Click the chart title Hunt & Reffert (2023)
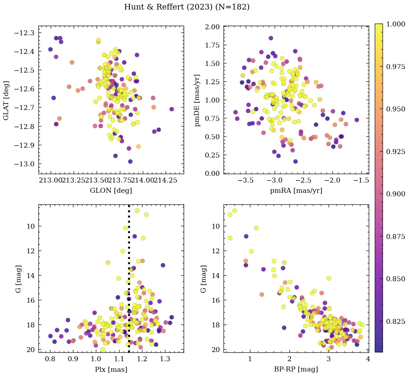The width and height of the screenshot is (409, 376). pyautogui.click(x=187, y=7)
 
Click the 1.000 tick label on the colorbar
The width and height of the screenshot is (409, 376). pyautogui.click(x=396, y=24)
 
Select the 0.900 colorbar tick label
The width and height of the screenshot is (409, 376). pyautogui.click(x=396, y=194)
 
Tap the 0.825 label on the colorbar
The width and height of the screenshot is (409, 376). pyautogui.click(x=396, y=321)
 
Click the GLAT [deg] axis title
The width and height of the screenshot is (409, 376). pyautogui.click(x=6, y=100)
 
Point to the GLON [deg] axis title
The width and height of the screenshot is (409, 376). pyautogui.click(x=111, y=191)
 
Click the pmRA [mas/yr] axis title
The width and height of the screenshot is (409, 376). pyautogui.click(x=296, y=191)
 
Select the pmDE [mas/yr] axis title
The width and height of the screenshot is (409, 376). pyautogui.click(x=197, y=100)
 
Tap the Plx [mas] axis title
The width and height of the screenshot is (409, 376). pyautogui.click(x=111, y=370)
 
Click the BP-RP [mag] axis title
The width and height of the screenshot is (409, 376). pyautogui.click(x=296, y=370)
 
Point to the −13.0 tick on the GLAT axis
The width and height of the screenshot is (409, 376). pyautogui.click(x=26, y=164)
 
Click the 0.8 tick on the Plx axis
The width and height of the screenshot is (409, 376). pyautogui.click(x=50, y=359)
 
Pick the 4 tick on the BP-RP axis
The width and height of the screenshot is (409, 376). pyautogui.click(x=368, y=359)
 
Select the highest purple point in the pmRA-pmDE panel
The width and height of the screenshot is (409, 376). pyautogui.click(x=271, y=38)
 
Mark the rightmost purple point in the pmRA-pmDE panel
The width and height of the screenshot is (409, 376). pyautogui.click(x=357, y=120)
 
